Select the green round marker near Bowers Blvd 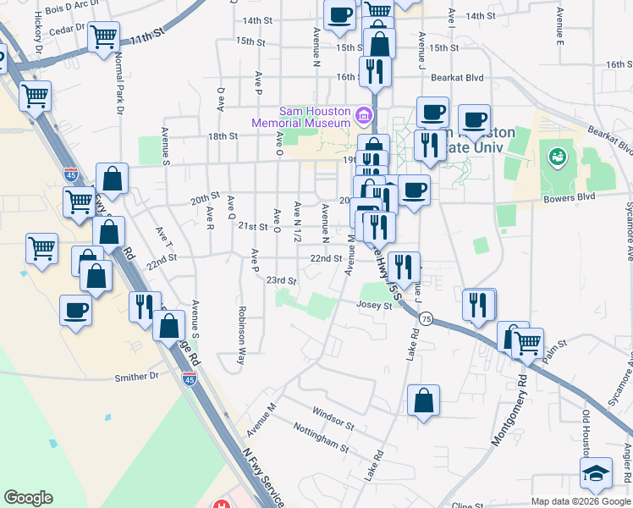[x=557, y=156]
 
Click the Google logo [x=28, y=498]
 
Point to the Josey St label [x=375, y=305]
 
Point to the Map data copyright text [x=580, y=500]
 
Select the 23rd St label [x=282, y=280]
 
